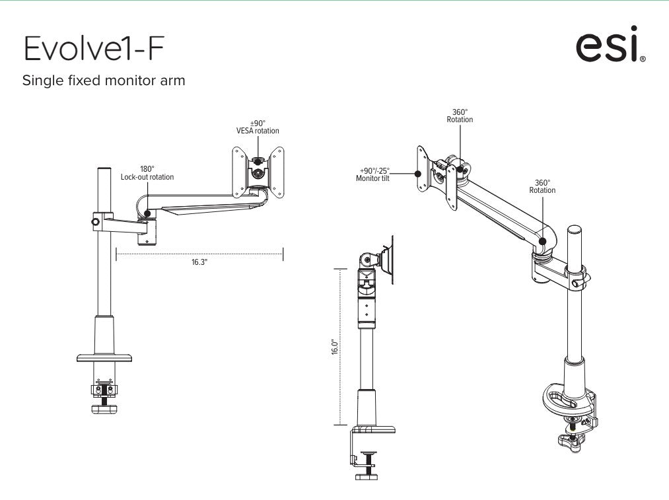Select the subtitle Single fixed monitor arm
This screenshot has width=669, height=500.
tap(104, 81)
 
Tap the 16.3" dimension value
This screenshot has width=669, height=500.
tap(199, 262)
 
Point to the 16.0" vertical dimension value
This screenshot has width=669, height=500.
tap(335, 347)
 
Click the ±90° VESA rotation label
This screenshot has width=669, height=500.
tap(258, 127)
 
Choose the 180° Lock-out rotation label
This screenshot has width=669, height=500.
tap(147, 173)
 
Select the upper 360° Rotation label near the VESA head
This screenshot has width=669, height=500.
tap(460, 116)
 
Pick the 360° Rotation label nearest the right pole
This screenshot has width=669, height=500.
tap(542, 186)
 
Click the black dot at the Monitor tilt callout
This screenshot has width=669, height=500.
tap(417, 174)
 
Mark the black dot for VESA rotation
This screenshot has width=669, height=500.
tap(258, 160)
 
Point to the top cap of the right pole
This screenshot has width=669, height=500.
tap(575, 231)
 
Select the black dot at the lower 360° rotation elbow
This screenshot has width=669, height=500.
tap(542, 241)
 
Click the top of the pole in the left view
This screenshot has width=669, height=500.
tap(103, 171)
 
